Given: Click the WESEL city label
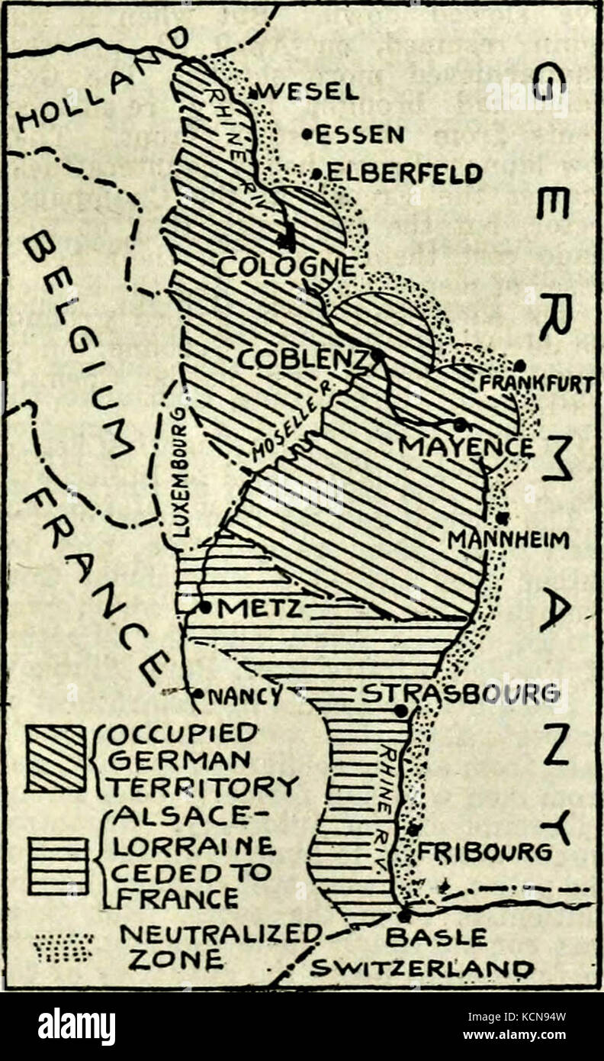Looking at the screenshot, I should pyautogui.click(x=309, y=92).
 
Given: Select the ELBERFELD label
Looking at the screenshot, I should pyautogui.click(x=404, y=174).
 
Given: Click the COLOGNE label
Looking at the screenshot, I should pyautogui.click(x=287, y=266).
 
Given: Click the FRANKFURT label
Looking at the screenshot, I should pyautogui.click(x=535, y=385).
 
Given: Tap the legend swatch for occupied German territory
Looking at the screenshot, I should pyautogui.click(x=56, y=759).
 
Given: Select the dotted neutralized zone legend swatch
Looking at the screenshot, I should pyautogui.click(x=63, y=947).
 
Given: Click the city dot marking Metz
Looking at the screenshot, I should pyautogui.click(x=205, y=608).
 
